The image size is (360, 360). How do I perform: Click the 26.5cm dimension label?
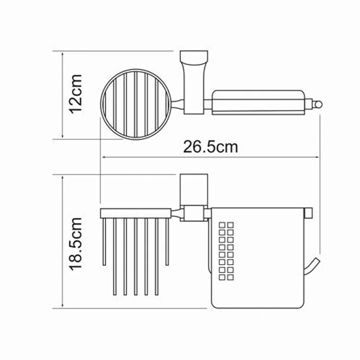[x=210, y=147]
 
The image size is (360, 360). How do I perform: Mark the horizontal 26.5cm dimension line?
[x=210, y=157]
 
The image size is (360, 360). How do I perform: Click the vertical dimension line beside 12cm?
[x=63, y=95]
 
